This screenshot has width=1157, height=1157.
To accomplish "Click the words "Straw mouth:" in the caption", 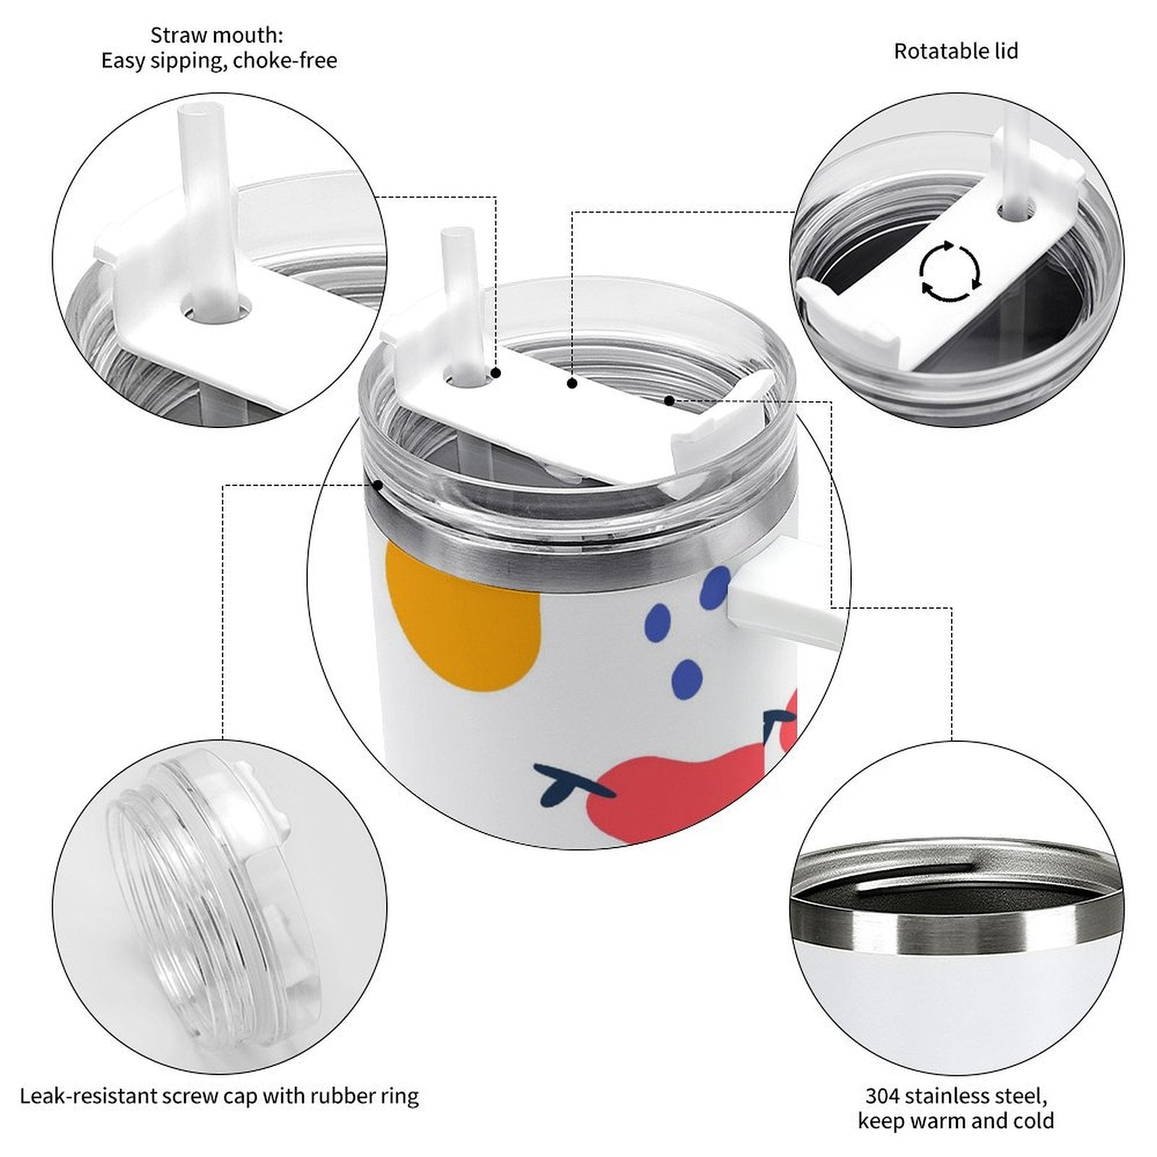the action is pyautogui.click(x=217, y=35).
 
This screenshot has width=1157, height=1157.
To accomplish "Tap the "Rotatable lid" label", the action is pyautogui.click(x=956, y=51).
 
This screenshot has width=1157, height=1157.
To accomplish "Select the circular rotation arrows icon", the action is pyautogui.click(x=949, y=271).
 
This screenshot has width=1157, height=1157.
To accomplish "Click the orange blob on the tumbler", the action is pyautogui.click(x=462, y=615).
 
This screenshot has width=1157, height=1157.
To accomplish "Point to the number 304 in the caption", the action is pyautogui.click(x=883, y=1096).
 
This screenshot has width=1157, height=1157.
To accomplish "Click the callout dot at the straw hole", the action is pyautogui.click(x=496, y=373).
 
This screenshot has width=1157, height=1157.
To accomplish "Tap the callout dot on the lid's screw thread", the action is pyautogui.click(x=377, y=485).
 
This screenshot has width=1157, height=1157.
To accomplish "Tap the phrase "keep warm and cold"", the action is pyautogui.click(x=955, y=1121).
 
